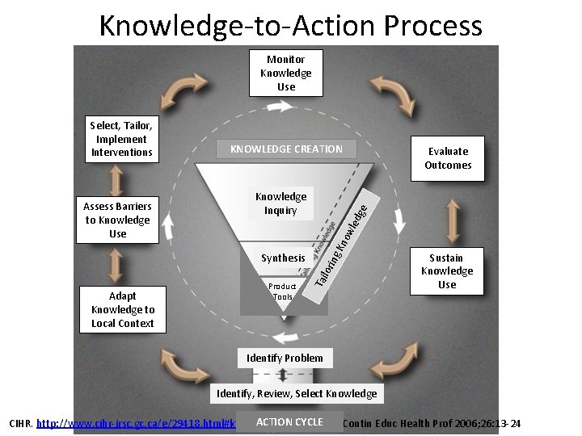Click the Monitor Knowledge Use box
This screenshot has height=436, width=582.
[x=286, y=73]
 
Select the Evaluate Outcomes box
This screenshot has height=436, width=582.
[x=448, y=158]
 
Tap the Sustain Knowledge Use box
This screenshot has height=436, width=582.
[x=447, y=272]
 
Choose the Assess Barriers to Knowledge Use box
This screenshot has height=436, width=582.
[x=117, y=220]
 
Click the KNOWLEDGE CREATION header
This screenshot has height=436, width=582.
[x=286, y=149]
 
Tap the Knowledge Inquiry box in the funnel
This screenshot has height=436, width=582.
[x=280, y=203]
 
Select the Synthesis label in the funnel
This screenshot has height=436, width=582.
[x=283, y=258]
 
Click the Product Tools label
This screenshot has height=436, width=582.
[x=283, y=291]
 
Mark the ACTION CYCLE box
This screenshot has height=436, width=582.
[x=289, y=422]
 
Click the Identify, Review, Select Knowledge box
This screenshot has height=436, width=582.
[x=293, y=393]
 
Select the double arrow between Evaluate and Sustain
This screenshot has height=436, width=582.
[x=448, y=219]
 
